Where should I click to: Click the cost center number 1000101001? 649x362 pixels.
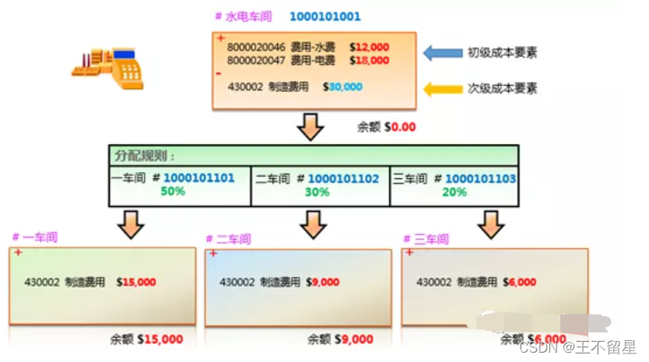(x=324, y=16)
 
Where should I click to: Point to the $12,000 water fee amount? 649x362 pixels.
(x=369, y=47)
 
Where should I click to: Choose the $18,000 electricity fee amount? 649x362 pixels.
(x=369, y=59)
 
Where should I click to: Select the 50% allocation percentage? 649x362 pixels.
(x=173, y=191)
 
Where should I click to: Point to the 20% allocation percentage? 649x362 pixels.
(x=454, y=191)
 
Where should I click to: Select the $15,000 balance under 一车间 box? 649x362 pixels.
(x=160, y=339)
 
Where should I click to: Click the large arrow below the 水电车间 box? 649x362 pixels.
(x=311, y=125)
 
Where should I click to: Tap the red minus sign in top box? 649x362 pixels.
(x=219, y=72)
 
